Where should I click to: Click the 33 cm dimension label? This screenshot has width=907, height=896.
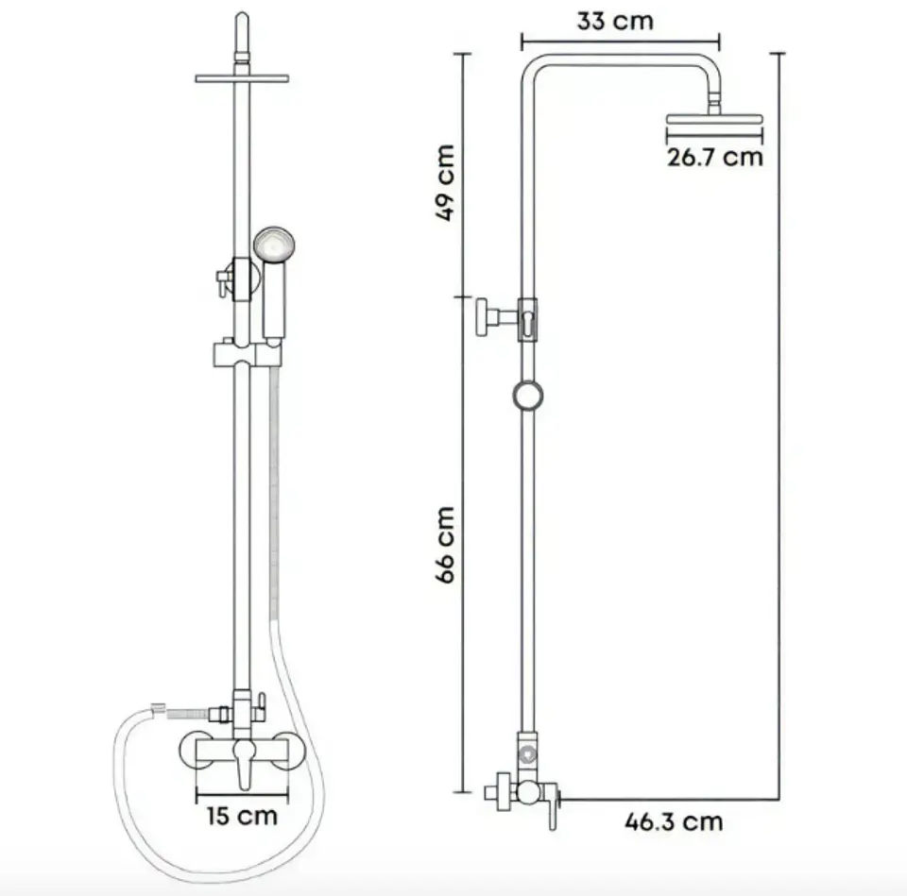(x=615, y=22)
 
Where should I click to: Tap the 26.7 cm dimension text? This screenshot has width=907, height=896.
(x=715, y=158)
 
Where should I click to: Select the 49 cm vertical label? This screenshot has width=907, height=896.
(x=445, y=182)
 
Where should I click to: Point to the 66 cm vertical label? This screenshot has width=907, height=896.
(x=445, y=545)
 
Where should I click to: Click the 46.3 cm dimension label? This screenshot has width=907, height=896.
(x=674, y=821)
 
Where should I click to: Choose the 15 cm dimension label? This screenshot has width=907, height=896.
(x=243, y=816)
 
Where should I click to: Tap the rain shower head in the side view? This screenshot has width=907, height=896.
(x=714, y=120)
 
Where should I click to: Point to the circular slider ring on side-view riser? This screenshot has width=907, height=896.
(x=528, y=396)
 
